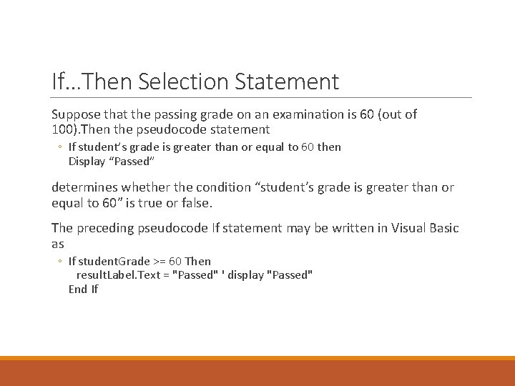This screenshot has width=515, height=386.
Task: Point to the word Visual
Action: click(x=398, y=228)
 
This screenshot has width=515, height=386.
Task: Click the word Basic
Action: click(x=442, y=228)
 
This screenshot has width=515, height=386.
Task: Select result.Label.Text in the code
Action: click(x=118, y=274)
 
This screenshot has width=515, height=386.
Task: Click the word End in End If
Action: click(x=77, y=289)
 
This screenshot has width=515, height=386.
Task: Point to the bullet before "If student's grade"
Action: click(x=60, y=147)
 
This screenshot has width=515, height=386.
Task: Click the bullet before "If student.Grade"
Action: click(x=60, y=262)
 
